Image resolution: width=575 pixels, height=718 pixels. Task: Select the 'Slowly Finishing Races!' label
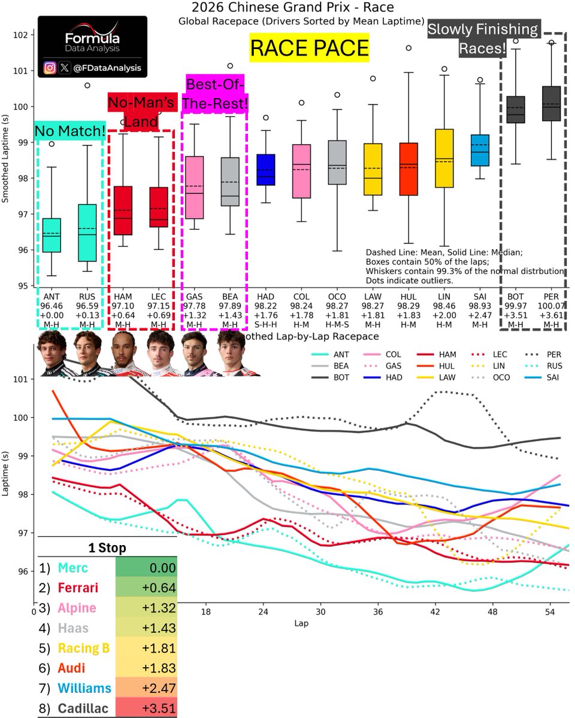[x=483, y=39]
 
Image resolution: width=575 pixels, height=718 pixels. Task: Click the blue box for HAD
[x=265, y=170]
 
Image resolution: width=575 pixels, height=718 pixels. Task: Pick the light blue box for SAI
[x=479, y=150]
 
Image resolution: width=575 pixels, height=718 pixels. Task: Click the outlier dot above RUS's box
[x=87, y=86]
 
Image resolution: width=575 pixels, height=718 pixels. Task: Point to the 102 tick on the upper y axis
[x=19, y=35]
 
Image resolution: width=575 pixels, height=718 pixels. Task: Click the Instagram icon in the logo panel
[x=51, y=68]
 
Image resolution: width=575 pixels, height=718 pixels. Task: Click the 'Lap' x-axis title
[x=302, y=623]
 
